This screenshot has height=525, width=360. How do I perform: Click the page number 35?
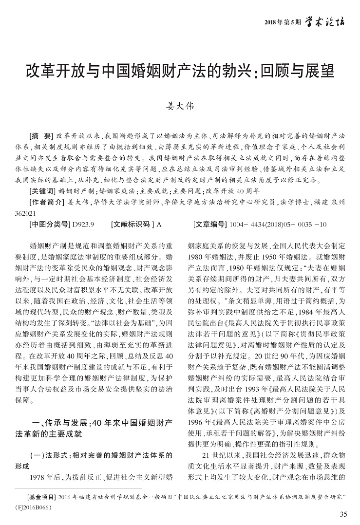point(343,514)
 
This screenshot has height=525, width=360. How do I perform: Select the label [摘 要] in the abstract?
point(41,135)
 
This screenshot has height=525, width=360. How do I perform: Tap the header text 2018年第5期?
point(281,22)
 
